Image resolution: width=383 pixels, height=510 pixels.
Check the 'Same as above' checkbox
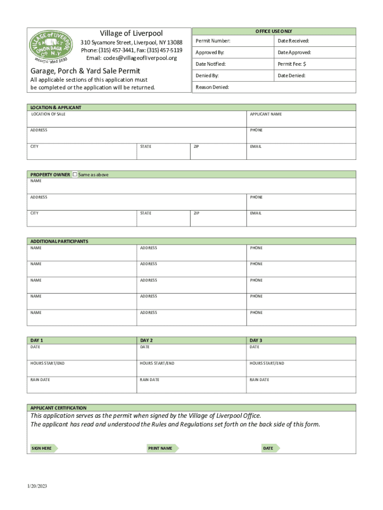[x=75, y=174]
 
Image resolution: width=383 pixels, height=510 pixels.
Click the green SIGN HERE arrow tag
[x=43, y=448]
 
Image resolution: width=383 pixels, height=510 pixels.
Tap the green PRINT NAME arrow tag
[x=161, y=448]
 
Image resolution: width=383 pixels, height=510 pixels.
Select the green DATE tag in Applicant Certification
[x=270, y=448]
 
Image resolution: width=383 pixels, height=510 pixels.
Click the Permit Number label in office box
[x=213, y=40]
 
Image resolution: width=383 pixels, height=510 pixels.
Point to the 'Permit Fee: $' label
[x=292, y=64]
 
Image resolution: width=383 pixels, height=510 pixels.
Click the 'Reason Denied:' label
[x=212, y=87]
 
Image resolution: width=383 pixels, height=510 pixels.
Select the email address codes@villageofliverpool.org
[x=132, y=58]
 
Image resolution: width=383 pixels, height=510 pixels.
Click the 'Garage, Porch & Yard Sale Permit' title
[x=85, y=71]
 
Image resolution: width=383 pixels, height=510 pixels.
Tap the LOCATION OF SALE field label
[x=48, y=114]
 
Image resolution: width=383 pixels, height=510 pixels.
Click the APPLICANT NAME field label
[x=266, y=114]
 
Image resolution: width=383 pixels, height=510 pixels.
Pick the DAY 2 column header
[x=146, y=340]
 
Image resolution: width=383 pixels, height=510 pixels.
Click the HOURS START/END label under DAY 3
[x=267, y=363]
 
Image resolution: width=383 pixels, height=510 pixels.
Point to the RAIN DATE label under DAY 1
[x=40, y=380]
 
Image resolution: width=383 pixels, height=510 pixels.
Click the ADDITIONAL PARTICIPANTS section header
[x=59, y=241]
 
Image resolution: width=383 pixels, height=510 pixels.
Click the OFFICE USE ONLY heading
[x=274, y=31]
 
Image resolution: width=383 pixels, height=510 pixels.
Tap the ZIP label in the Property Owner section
[x=196, y=213]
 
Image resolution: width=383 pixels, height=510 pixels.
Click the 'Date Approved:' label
[x=294, y=52]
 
